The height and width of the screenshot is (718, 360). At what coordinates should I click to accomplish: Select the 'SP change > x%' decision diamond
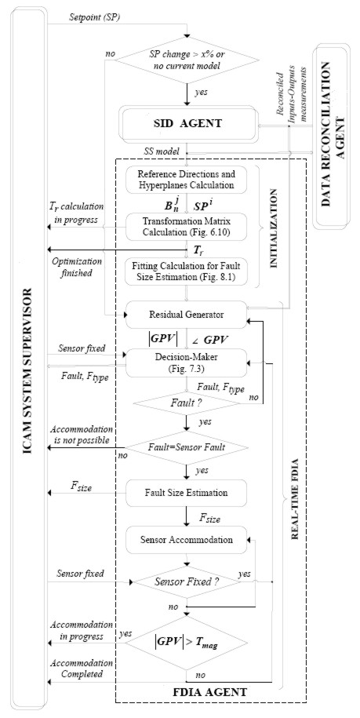[x=187, y=60]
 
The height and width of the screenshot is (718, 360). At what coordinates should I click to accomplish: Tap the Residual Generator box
[x=187, y=314]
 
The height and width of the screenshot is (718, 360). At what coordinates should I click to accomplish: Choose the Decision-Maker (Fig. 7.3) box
[x=187, y=363]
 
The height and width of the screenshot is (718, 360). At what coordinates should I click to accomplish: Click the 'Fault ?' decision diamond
[x=186, y=403]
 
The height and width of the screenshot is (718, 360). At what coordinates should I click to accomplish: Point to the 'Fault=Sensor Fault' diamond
[x=187, y=447]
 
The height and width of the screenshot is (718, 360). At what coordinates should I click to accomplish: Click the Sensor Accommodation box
[x=187, y=539]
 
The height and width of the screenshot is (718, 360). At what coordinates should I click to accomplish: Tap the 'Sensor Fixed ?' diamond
[x=187, y=582]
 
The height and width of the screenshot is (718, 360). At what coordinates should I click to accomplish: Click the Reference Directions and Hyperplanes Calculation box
[x=187, y=179]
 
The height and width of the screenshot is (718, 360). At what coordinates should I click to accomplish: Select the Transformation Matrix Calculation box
[x=187, y=225]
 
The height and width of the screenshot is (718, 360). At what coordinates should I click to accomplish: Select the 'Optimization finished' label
[x=73, y=268]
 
